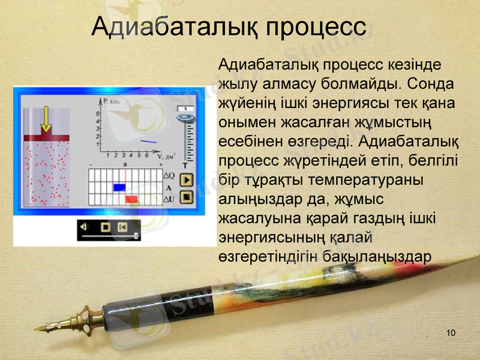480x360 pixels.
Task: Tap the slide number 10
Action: tap(451, 333)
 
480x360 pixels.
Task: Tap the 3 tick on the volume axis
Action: tap(122, 155)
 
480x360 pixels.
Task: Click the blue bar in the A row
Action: tap(119, 187)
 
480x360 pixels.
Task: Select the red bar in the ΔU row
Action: tap(132, 199)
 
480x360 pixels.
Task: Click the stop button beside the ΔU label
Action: tap(187, 196)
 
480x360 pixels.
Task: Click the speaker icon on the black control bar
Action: tap(85, 227)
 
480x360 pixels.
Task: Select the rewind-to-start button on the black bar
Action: tap(122, 227)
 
